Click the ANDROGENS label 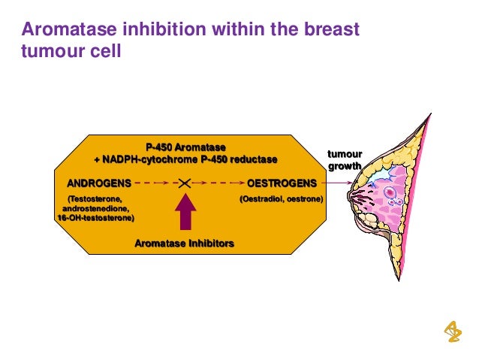click(99, 183)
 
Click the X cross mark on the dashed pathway click(183, 183)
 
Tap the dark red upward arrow click(184, 213)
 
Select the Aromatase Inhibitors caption click(184, 244)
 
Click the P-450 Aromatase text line click(185, 147)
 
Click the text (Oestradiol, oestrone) click(281, 200)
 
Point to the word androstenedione click(95, 209)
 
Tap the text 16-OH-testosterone click(96, 219)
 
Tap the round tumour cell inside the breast click(390, 192)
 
